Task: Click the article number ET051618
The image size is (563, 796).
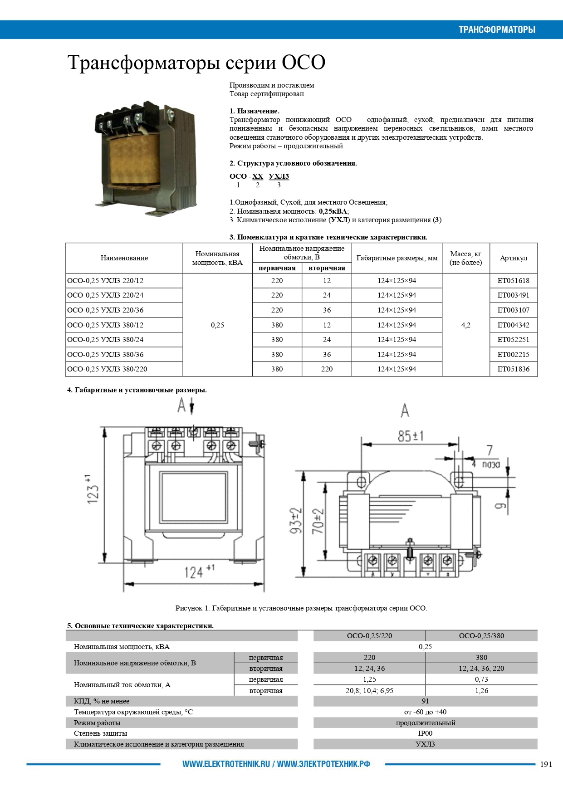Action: [x=513, y=280]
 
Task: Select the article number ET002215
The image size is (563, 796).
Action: [x=513, y=354]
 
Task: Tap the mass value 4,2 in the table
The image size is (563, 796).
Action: [x=465, y=325]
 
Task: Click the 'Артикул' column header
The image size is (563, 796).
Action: [x=513, y=258]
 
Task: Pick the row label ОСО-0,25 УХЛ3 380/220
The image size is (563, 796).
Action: [x=107, y=369]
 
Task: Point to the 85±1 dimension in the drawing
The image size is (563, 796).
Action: [x=410, y=436]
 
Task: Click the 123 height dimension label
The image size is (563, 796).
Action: [x=92, y=490]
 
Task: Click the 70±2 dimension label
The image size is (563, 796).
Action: [x=318, y=520]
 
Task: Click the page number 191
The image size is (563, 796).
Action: [x=546, y=764]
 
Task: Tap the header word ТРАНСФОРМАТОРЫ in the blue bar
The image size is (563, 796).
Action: [x=497, y=30]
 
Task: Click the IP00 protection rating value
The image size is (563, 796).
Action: [x=425, y=733]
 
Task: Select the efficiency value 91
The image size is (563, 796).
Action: [x=425, y=701]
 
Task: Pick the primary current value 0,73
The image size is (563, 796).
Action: [x=481, y=679]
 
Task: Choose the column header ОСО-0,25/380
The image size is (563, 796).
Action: [x=481, y=635]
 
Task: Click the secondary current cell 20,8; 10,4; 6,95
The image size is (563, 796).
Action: [x=369, y=690]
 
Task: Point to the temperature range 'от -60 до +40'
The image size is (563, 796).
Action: [x=425, y=712]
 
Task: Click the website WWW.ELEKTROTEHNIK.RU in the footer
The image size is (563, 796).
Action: [x=226, y=764]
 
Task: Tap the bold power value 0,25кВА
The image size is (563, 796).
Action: [x=333, y=211]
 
